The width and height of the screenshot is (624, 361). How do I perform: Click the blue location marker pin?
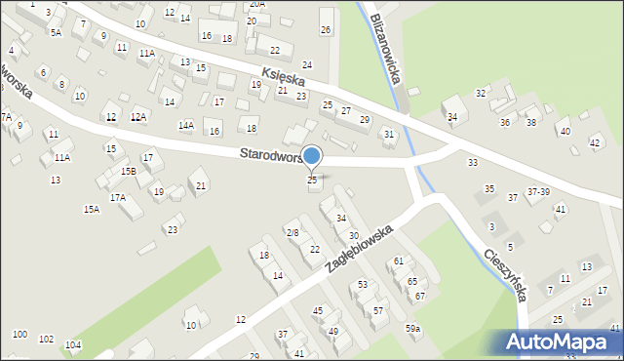312,157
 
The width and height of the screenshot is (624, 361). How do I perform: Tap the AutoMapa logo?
561,342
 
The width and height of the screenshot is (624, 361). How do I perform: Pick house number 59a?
413,329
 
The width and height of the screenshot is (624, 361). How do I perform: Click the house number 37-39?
538,192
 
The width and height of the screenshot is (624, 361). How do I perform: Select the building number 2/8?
292,232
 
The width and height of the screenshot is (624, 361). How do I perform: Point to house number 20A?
256,4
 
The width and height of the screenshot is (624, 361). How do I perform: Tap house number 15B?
128,171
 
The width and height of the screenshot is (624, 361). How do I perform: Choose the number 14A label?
185,126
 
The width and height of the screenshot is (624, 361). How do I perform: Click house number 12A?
138,117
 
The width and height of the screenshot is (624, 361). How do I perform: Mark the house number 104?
72,344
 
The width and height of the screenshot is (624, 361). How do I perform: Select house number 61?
398,261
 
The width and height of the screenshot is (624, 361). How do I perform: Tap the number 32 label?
481,93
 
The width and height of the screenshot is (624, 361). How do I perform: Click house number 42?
595,143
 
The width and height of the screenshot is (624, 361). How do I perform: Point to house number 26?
326,30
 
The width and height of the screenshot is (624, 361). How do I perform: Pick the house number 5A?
57,32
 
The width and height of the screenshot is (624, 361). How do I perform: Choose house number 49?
333,331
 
